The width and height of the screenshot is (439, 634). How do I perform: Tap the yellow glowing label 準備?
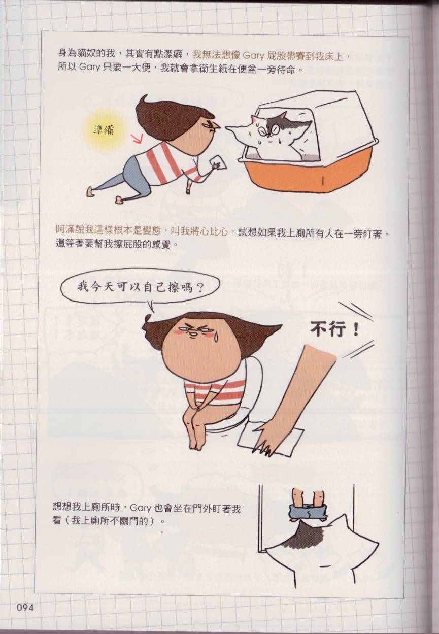pyautogui.click(x=104, y=131)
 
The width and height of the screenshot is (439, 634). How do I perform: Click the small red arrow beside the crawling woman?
pyautogui.click(x=138, y=139)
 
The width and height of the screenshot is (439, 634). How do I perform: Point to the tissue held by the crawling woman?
pyautogui.click(x=219, y=163)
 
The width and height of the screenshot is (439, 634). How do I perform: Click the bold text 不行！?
pyautogui.click(x=334, y=330)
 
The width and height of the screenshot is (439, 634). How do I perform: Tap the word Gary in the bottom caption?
pyautogui.click(x=141, y=508)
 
